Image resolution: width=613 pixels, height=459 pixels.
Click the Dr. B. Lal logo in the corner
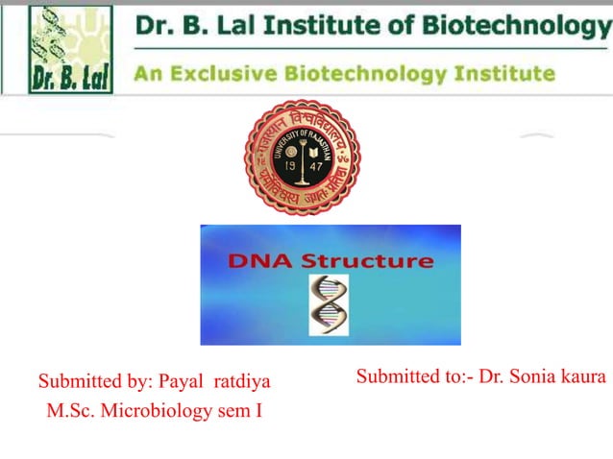click(x=57, y=49)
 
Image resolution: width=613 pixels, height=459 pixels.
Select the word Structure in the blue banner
click(x=368, y=260)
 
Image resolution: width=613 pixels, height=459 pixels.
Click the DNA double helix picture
click(x=329, y=304)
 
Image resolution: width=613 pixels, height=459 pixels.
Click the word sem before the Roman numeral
click(x=236, y=413)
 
